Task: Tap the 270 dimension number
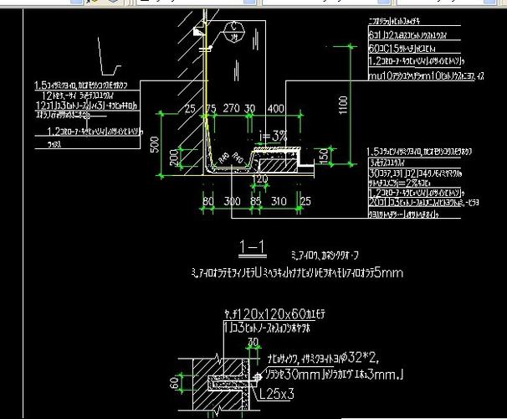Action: tap(231, 110)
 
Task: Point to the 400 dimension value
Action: tap(275, 110)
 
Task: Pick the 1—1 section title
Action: tap(252, 246)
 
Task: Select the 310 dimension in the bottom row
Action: tap(280, 201)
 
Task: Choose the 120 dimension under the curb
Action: tap(262, 178)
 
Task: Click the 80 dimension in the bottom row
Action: tap(207, 201)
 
